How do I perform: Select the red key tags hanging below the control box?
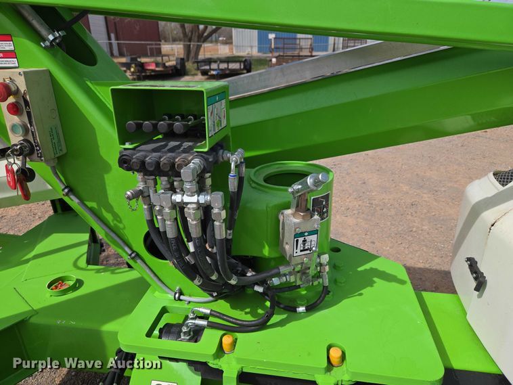[18, 180]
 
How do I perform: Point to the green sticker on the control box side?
[54, 139]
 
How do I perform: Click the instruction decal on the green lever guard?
[217, 113]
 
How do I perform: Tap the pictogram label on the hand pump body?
[305, 242]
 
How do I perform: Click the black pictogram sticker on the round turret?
[321, 205]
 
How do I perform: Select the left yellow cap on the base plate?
[229, 343]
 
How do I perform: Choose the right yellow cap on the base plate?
[336, 356]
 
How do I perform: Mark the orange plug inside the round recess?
[61, 286]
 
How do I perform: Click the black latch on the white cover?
[476, 273]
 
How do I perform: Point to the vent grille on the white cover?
[503, 178]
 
